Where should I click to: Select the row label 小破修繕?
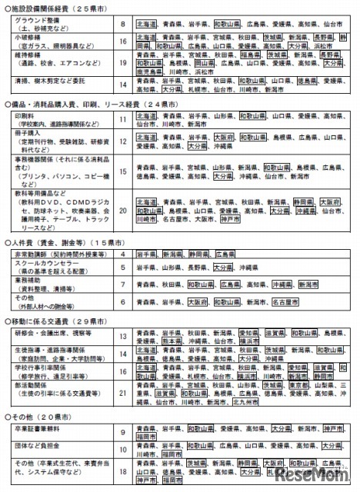30,36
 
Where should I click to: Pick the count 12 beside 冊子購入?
124,141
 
